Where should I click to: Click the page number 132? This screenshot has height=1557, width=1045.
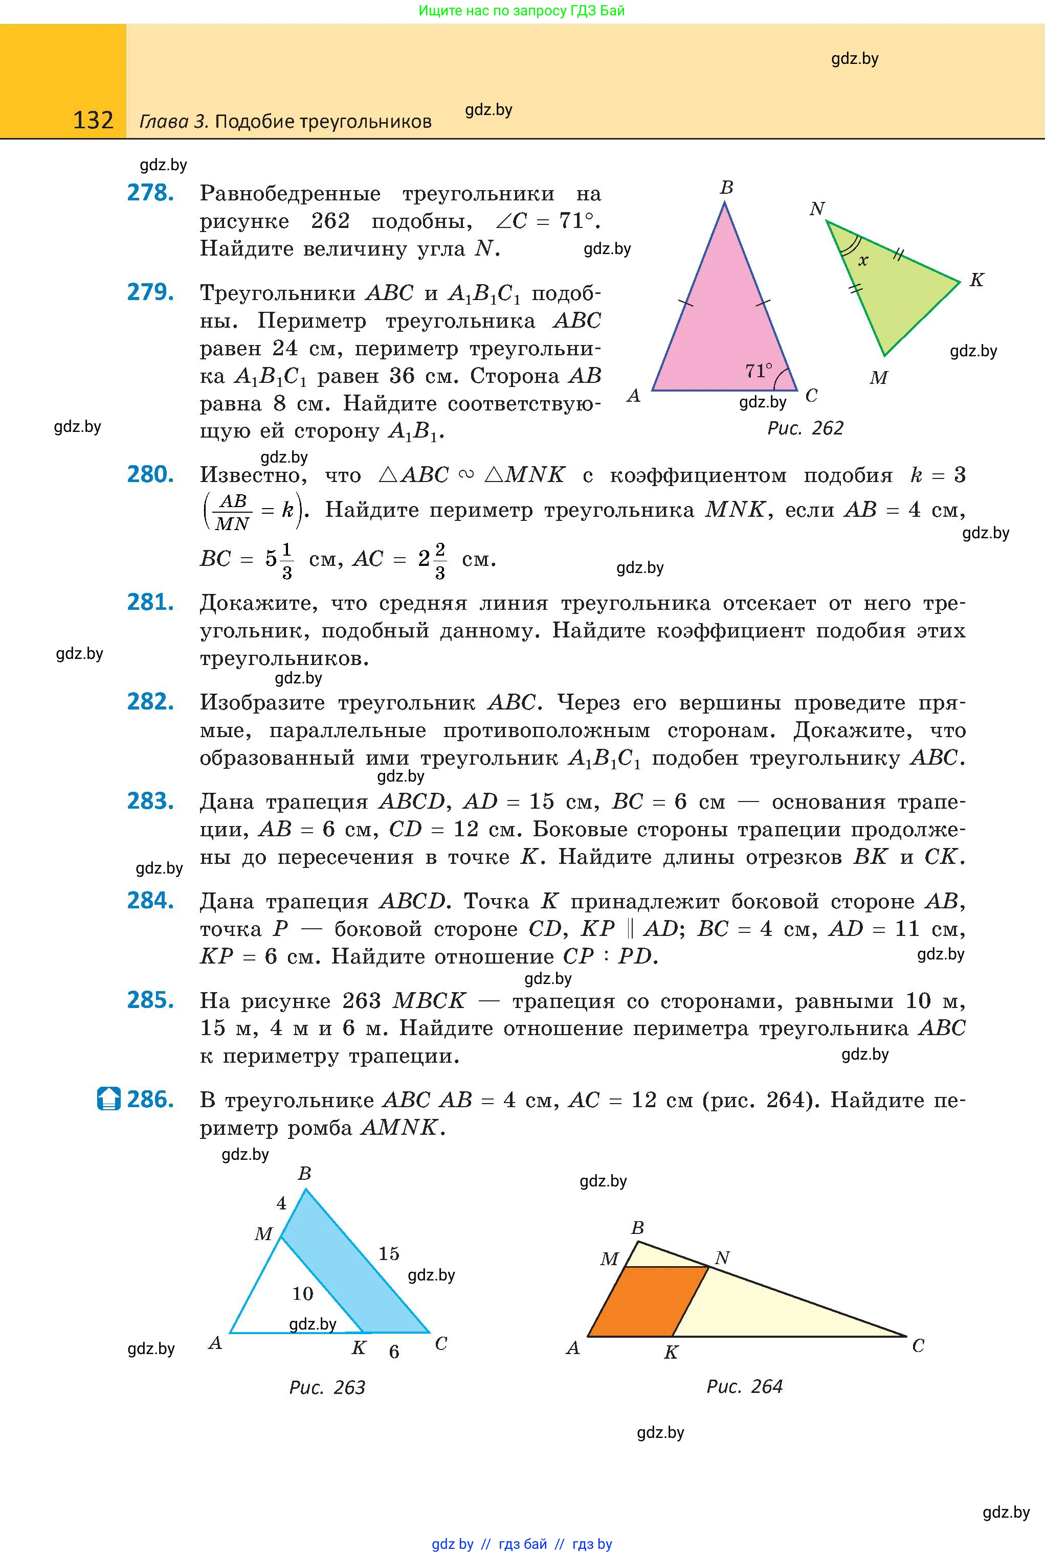click(x=93, y=120)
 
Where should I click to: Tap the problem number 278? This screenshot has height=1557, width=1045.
click(x=150, y=193)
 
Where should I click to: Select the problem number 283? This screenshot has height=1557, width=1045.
click(x=150, y=800)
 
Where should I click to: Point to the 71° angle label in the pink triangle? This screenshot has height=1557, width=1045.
click(x=759, y=370)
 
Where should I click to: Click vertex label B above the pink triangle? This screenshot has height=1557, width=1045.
click(x=726, y=188)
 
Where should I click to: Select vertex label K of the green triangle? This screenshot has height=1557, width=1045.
click(x=976, y=280)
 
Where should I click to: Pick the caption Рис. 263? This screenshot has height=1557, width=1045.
click(x=327, y=1387)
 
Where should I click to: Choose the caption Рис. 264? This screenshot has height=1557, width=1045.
click(x=744, y=1386)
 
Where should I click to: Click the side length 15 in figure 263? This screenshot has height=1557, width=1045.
click(x=389, y=1253)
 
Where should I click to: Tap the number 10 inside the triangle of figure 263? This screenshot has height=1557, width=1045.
click(x=303, y=1293)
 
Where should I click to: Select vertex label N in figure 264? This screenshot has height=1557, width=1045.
click(x=722, y=1257)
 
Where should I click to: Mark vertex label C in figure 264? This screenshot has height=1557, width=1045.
click(x=918, y=1346)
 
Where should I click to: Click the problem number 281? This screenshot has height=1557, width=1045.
click(x=150, y=602)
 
